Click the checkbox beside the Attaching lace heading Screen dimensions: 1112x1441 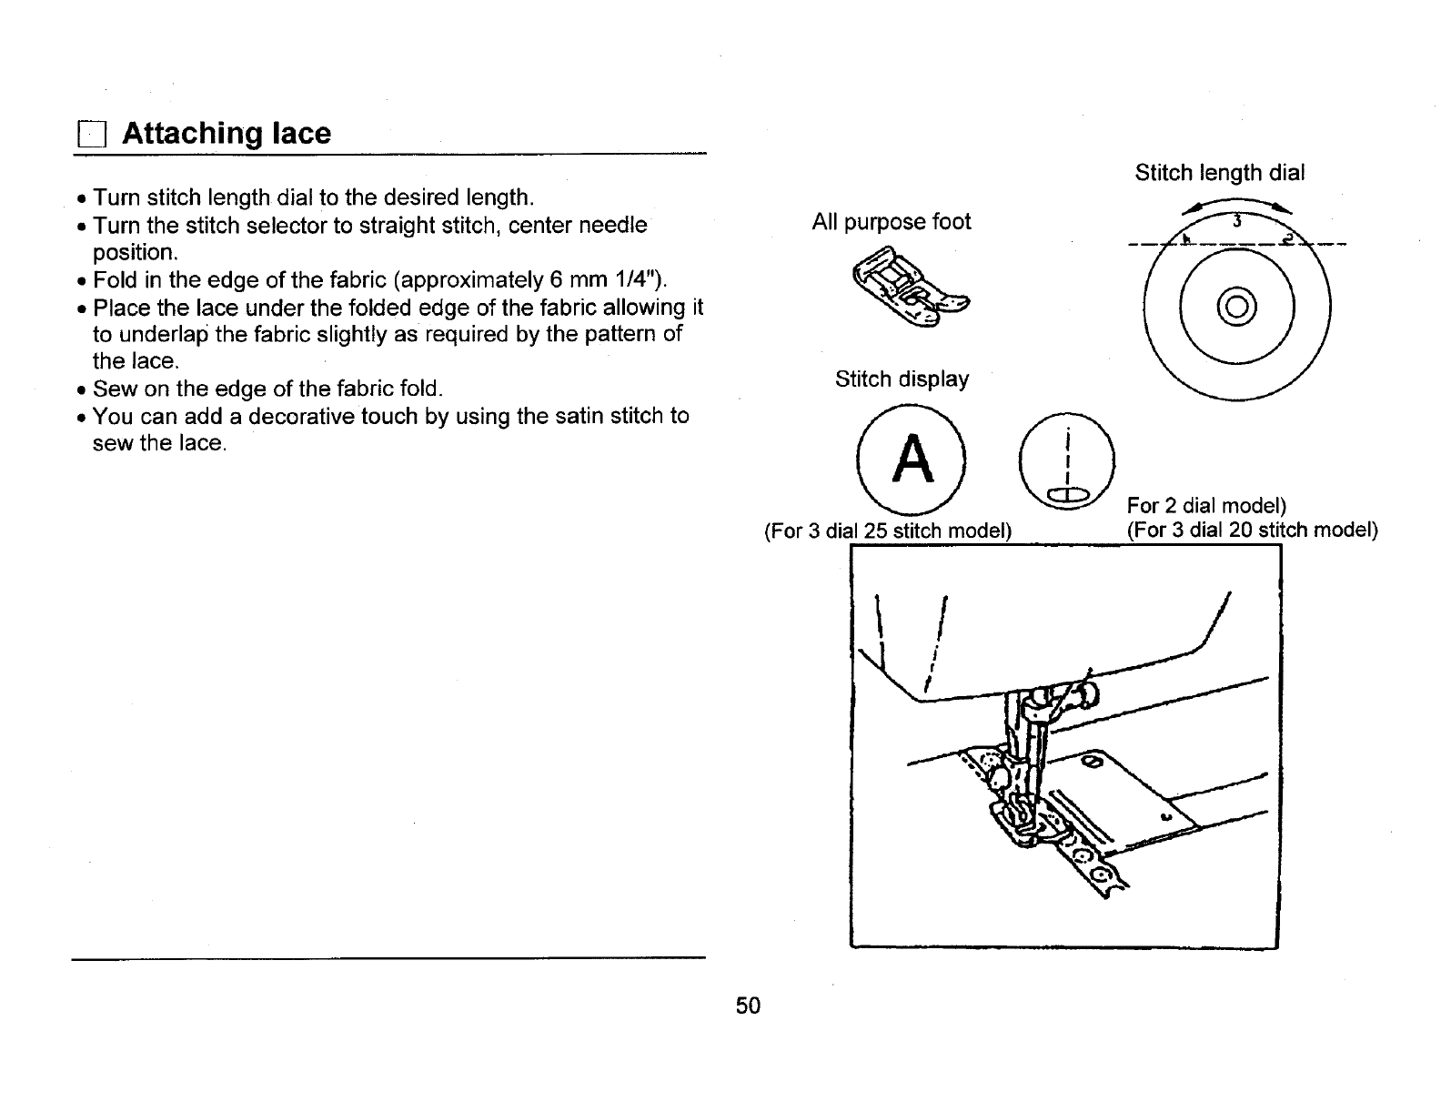(91, 136)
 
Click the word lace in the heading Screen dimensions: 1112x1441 (301, 134)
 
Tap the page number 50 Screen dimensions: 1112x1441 (748, 1005)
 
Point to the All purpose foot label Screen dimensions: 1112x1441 (891, 222)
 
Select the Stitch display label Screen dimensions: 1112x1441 (902, 379)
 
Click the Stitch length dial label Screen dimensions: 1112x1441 (1219, 173)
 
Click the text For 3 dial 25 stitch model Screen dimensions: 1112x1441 (888, 531)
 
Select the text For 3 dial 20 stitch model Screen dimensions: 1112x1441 (1252, 530)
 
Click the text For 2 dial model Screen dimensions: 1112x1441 (1206, 505)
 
